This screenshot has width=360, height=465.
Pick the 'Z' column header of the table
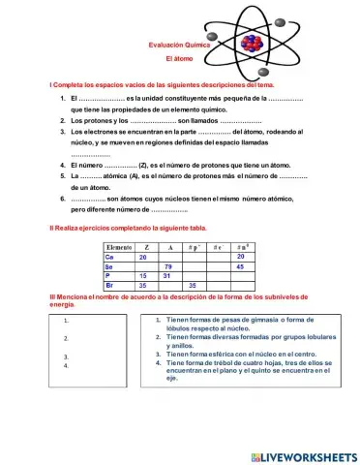[145, 248]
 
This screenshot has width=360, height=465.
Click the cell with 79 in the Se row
[168, 266]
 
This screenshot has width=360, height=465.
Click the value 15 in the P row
[143, 276]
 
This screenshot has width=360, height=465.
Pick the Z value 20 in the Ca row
[143, 258]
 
